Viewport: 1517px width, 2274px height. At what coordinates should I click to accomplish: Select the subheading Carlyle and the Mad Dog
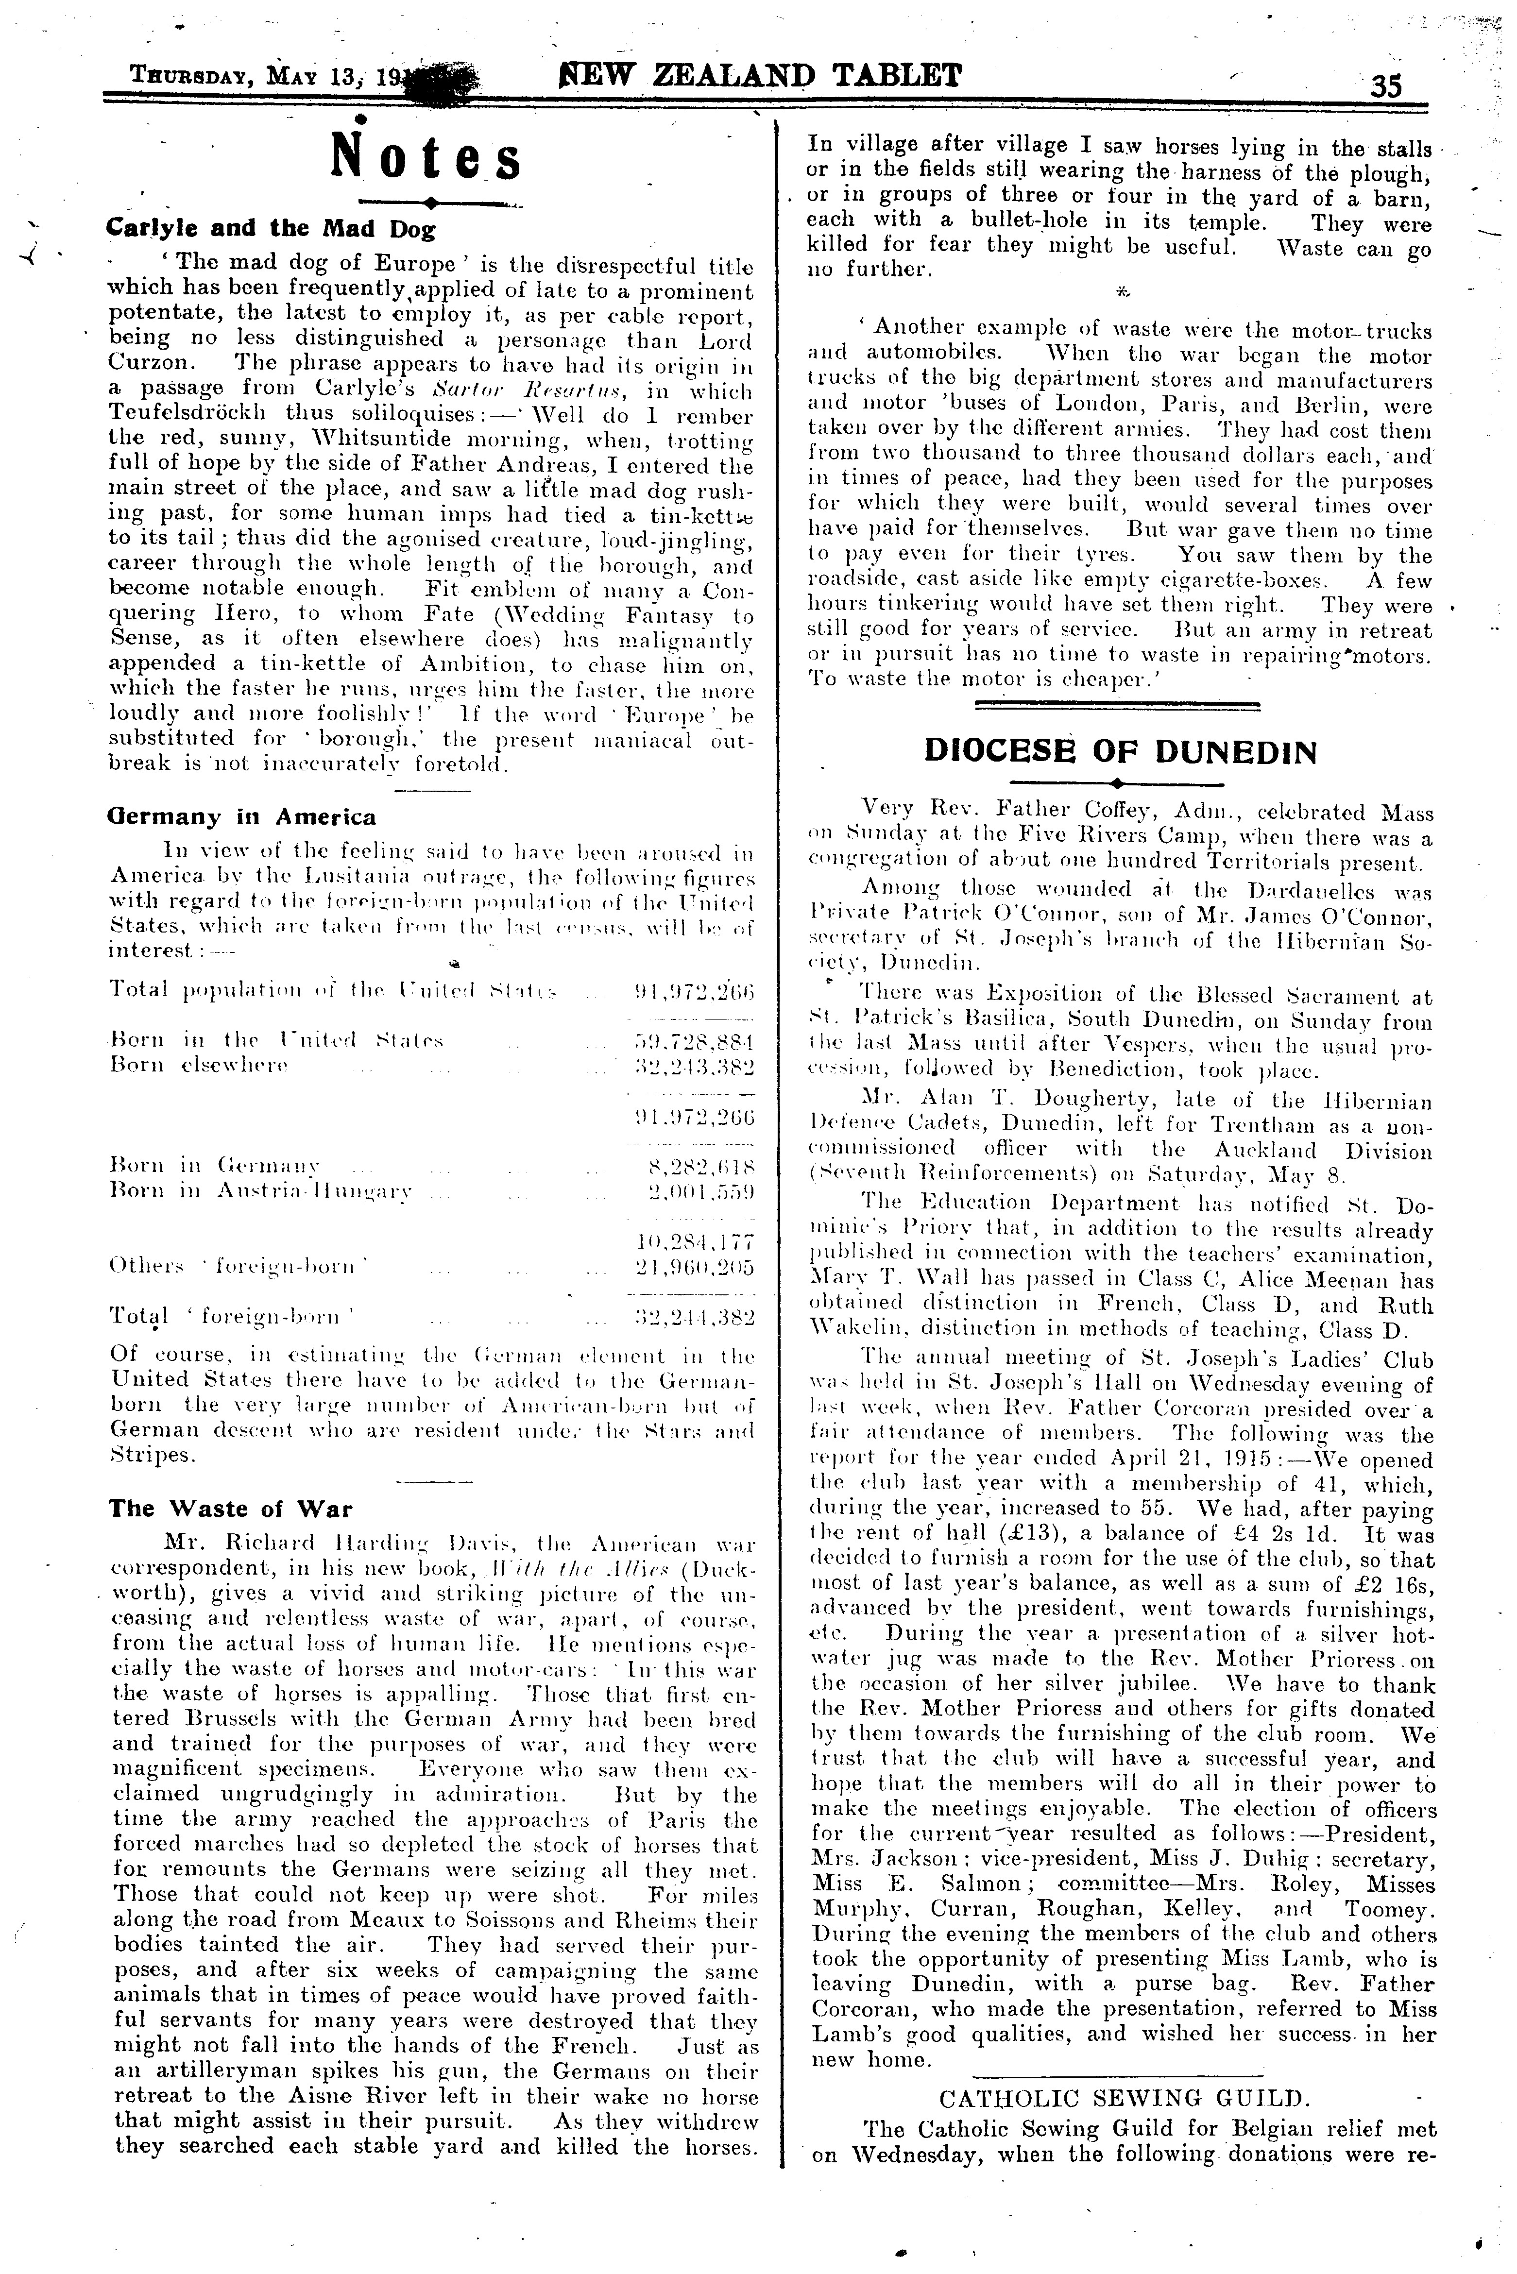coord(271,229)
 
